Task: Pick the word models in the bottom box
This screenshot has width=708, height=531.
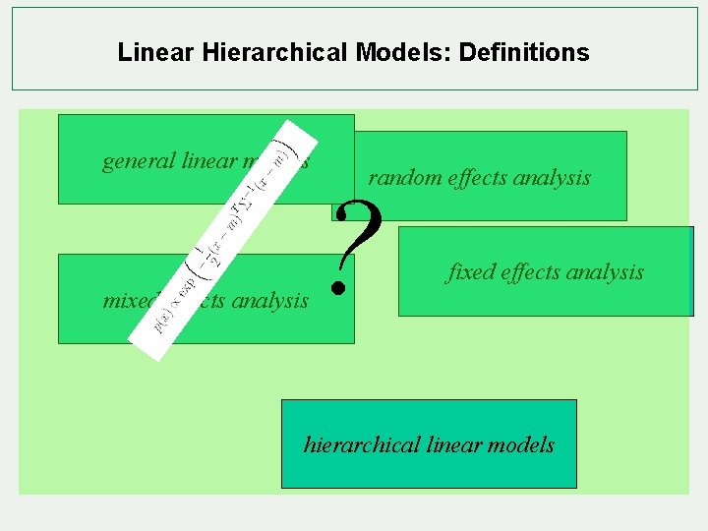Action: [520, 444]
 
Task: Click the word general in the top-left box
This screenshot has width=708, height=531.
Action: [139, 160]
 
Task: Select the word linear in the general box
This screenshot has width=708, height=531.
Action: [209, 160]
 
